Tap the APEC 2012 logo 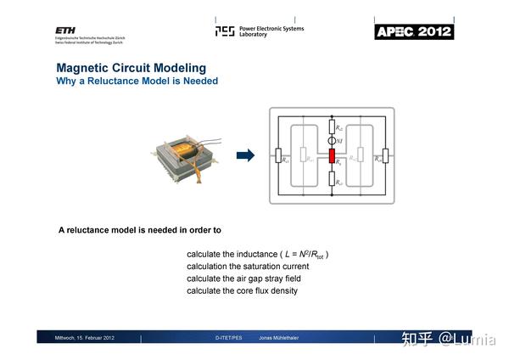[414, 31]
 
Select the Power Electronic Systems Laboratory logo [259, 31]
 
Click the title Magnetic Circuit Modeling [131, 68]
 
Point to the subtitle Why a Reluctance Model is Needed [137, 82]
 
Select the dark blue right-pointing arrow [245, 155]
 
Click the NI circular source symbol [333, 140]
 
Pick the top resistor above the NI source [333, 127]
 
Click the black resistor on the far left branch [277, 155]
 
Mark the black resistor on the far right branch [386, 155]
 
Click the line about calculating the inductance [257, 255]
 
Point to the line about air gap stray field [243, 278]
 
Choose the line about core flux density [242, 291]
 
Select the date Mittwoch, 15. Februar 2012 [84, 338]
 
